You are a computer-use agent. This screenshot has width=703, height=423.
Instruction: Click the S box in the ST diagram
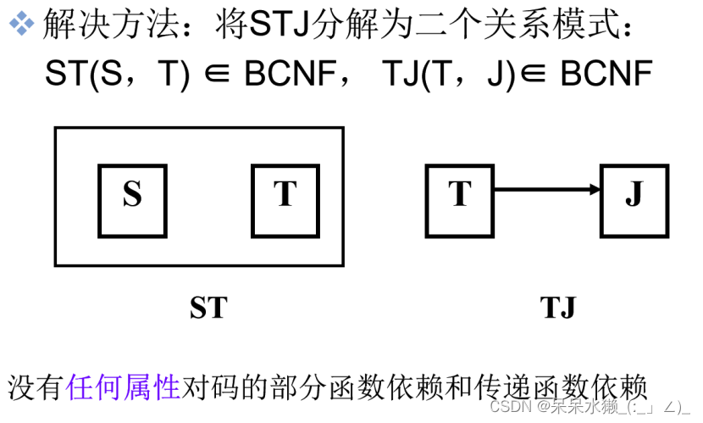pyautogui.click(x=132, y=200)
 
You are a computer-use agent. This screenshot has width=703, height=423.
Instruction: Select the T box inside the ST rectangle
pyautogui.click(x=285, y=200)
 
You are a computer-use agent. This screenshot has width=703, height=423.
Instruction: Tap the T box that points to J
pyautogui.click(x=459, y=200)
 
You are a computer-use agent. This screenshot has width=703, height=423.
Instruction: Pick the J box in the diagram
pyautogui.click(x=634, y=200)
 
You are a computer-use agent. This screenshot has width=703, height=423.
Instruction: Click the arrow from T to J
pyautogui.click(x=547, y=190)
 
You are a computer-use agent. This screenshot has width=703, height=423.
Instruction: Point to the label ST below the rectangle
pyautogui.click(x=208, y=307)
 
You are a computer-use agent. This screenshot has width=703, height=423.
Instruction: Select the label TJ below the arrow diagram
pyautogui.click(x=557, y=307)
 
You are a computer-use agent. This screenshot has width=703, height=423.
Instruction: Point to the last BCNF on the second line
pyautogui.click(x=606, y=75)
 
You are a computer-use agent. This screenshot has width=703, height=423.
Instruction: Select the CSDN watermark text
pyautogui.click(x=509, y=405)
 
